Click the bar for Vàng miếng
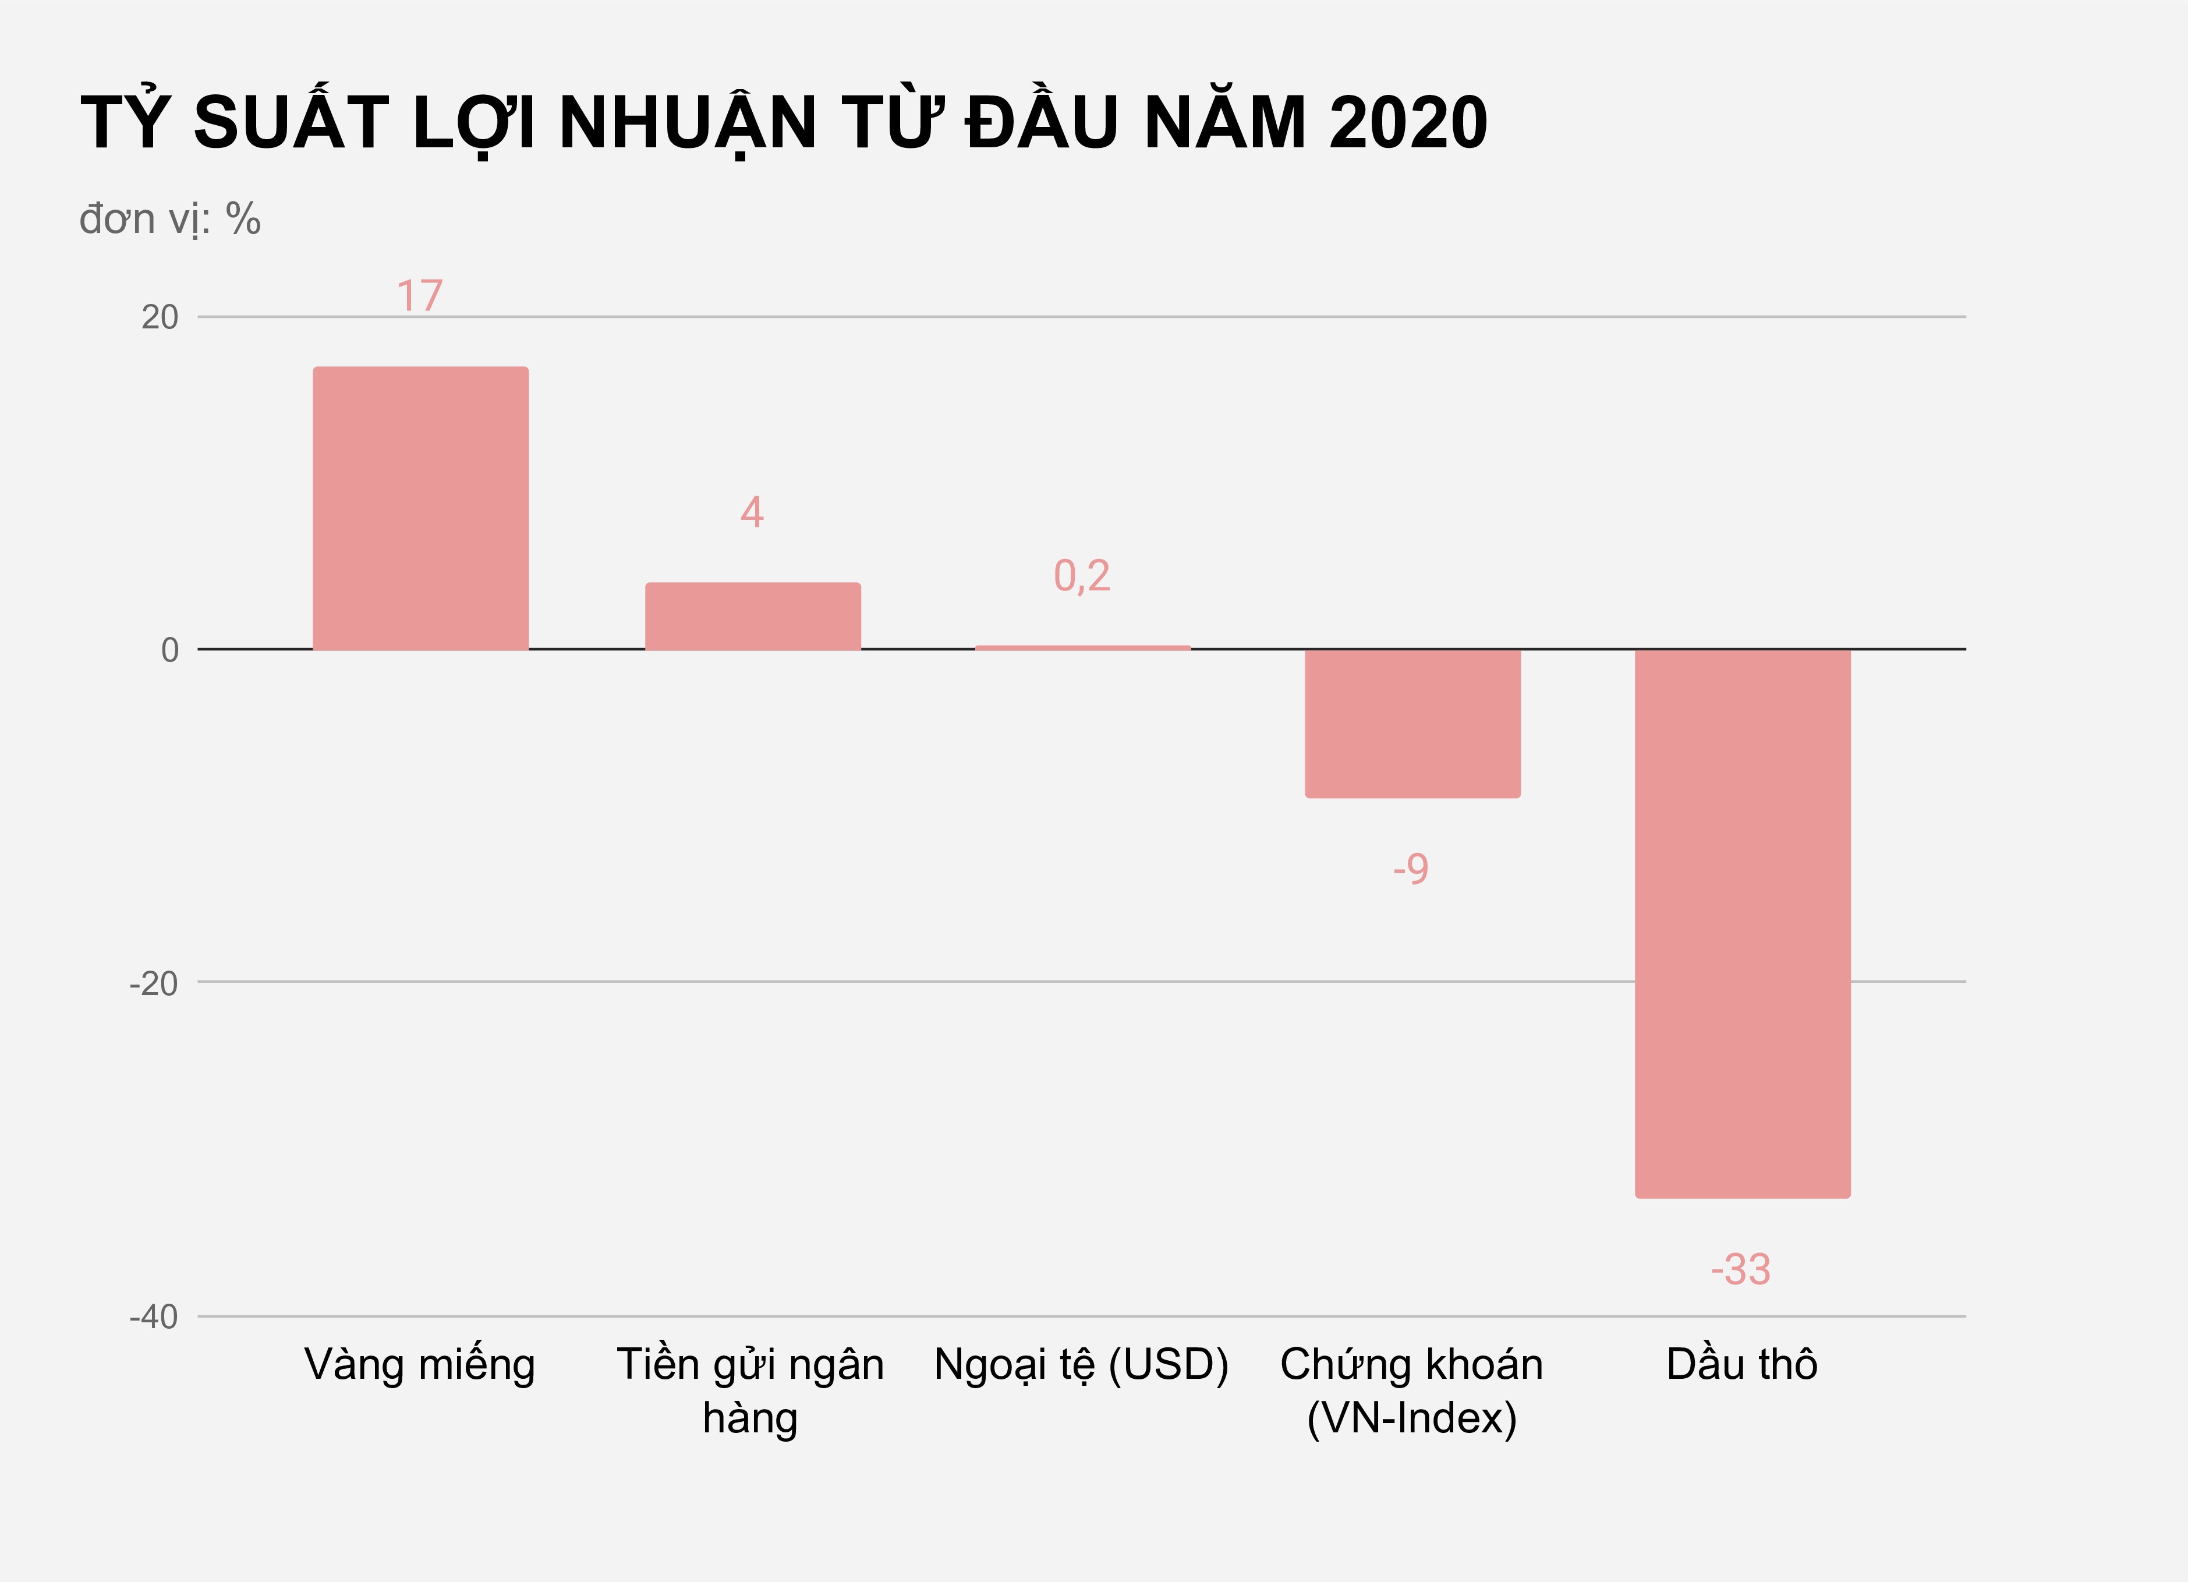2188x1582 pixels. (420, 508)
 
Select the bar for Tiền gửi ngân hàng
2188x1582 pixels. (752, 617)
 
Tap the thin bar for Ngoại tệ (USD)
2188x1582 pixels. (1082, 648)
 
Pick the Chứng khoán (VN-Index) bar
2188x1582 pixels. (1412, 724)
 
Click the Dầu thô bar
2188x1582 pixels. (1742, 923)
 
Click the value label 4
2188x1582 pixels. (752, 512)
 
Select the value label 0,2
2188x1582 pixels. (1081, 576)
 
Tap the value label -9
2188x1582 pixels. (1410, 869)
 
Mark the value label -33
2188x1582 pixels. (1740, 1269)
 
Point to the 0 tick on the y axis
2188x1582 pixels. (170, 650)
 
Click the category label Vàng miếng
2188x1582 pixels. (420, 1365)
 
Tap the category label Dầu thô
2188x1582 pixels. (1741, 1365)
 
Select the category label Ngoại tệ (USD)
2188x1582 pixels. (1081, 1365)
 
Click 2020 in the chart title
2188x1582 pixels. (1408, 123)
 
